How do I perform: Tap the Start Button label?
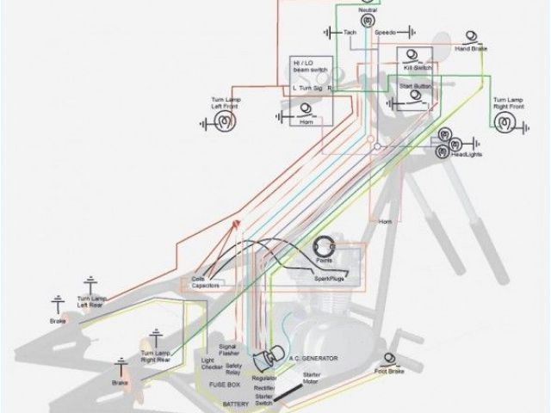[x=415, y=88]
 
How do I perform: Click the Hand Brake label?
[x=471, y=50]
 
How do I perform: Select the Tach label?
[x=350, y=33]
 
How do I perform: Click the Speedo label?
[x=384, y=33]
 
